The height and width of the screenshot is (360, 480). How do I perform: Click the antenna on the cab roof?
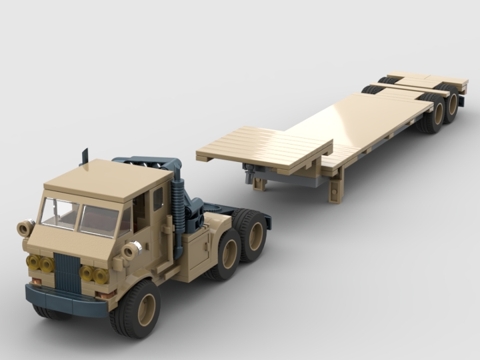click(x=85, y=157)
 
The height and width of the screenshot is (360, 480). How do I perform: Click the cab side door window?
click(x=158, y=199)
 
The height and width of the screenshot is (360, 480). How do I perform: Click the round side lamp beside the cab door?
click(x=131, y=250)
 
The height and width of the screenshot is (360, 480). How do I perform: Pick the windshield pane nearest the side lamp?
click(x=59, y=212)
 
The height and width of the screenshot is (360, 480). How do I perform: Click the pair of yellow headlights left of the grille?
click(x=39, y=263)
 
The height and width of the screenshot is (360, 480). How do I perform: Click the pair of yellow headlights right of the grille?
click(x=94, y=274)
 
